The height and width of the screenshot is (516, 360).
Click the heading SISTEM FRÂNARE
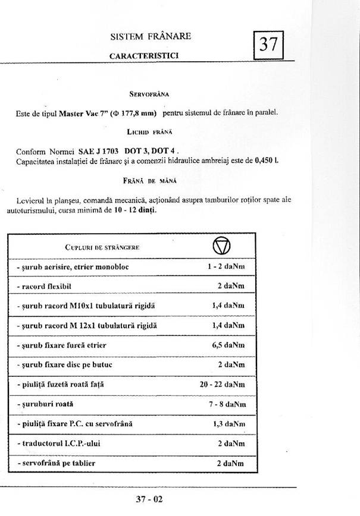tap(151, 37)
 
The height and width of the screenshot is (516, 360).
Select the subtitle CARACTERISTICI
tap(145, 55)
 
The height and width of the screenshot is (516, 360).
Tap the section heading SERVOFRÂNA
tap(149, 94)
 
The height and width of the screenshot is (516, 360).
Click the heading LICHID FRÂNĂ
tap(149, 130)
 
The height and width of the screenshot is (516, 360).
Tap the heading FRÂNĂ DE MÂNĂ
tap(149, 180)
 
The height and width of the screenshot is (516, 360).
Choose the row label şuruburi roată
tap(45, 404)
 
